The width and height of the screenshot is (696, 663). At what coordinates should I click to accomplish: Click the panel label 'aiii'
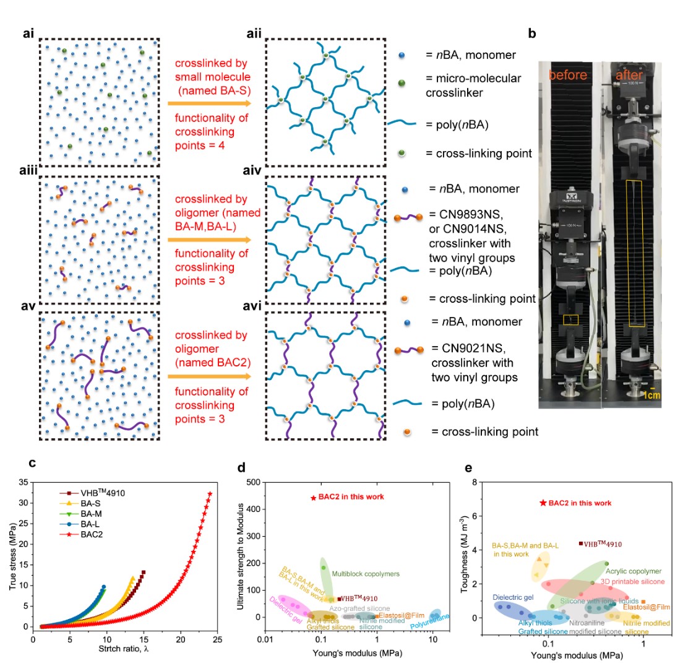pyautogui.click(x=29, y=169)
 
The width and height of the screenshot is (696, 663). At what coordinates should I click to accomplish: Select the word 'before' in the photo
pyautogui.click(x=567, y=75)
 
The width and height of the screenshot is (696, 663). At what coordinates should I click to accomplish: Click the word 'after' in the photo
pyautogui.click(x=629, y=75)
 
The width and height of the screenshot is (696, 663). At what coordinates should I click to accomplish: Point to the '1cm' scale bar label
pyautogui.click(x=650, y=395)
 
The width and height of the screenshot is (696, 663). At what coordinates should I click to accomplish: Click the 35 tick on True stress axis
pyautogui.click(x=25, y=482)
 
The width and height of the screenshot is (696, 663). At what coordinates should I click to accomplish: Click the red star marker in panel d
pyautogui.click(x=313, y=498)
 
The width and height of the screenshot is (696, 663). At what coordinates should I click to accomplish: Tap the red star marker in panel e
pyautogui.click(x=543, y=503)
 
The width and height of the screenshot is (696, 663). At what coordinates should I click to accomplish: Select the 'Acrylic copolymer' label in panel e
pyautogui.click(x=634, y=571)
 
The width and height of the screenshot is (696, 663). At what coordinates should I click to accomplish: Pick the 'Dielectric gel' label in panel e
pyautogui.click(x=513, y=598)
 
